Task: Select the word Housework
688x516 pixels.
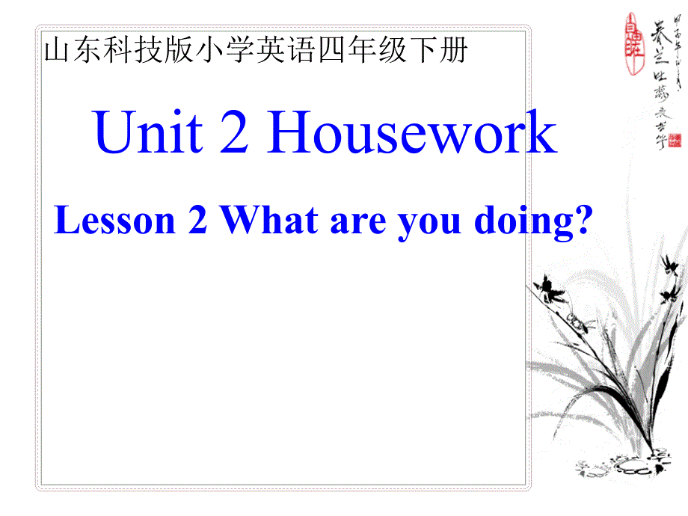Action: (x=412, y=133)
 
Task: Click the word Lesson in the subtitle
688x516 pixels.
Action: (x=114, y=221)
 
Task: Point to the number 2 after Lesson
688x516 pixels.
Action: (x=197, y=222)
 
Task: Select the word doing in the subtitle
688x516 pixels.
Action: (x=516, y=223)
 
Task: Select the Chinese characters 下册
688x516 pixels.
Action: (x=441, y=51)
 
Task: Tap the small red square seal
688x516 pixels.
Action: (x=675, y=140)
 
